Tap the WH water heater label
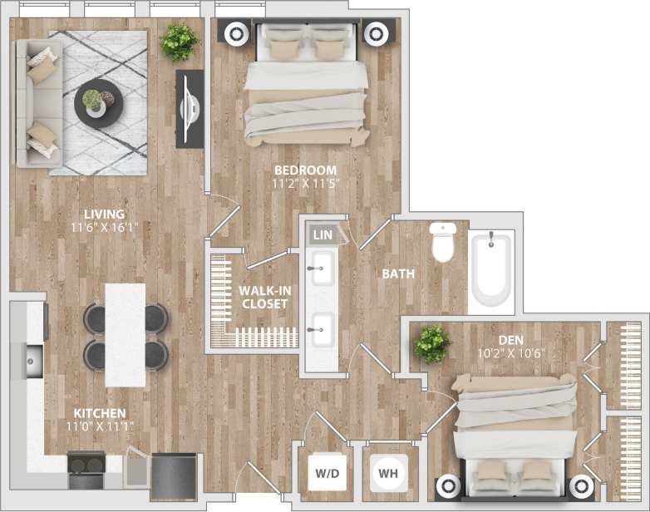coord(387,474)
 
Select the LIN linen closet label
coord(323,235)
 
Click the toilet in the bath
coord(442,242)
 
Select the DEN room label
coord(511,339)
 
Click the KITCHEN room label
coord(99,413)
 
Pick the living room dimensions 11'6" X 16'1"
coord(104,225)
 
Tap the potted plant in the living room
coord(178,41)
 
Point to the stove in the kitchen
coord(86,470)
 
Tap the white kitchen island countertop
coord(125,334)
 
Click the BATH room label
coord(399,273)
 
